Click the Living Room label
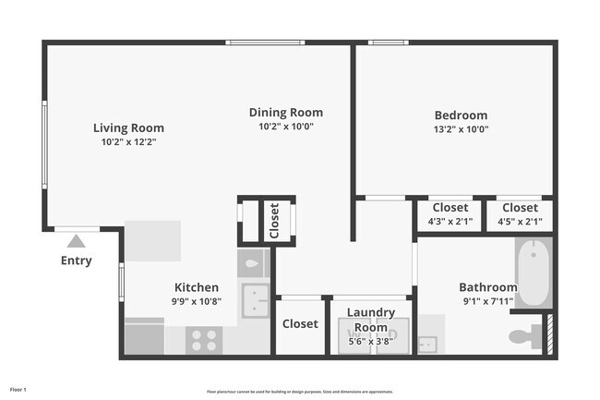point(128,128)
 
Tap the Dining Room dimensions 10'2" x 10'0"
point(286,127)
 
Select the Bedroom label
point(461,115)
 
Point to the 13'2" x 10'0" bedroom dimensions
point(461,129)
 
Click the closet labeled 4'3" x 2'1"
point(450,214)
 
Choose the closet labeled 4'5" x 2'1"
point(520,214)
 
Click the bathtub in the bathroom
point(534,273)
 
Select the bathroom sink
point(427,344)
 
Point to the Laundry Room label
point(371,321)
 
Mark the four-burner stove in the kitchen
point(203,340)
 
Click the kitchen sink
point(253,300)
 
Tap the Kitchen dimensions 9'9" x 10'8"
point(198,301)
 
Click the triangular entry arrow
point(76,241)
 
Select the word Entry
point(76,261)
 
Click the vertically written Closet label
point(274,221)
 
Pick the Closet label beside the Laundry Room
point(300,324)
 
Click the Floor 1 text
point(18,390)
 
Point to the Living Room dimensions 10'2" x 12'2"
point(128,142)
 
